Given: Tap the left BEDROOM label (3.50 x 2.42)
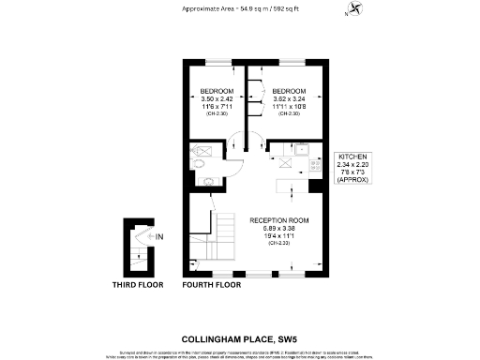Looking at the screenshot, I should (x=216, y=91).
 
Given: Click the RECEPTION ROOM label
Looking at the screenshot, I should (x=279, y=220).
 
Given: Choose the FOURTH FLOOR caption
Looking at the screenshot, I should (x=209, y=284).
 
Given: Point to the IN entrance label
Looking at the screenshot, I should (x=159, y=237).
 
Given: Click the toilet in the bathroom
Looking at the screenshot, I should (x=200, y=162).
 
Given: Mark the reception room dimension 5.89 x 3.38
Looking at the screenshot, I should (x=279, y=228).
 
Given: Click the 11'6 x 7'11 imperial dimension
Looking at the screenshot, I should (x=216, y=106).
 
